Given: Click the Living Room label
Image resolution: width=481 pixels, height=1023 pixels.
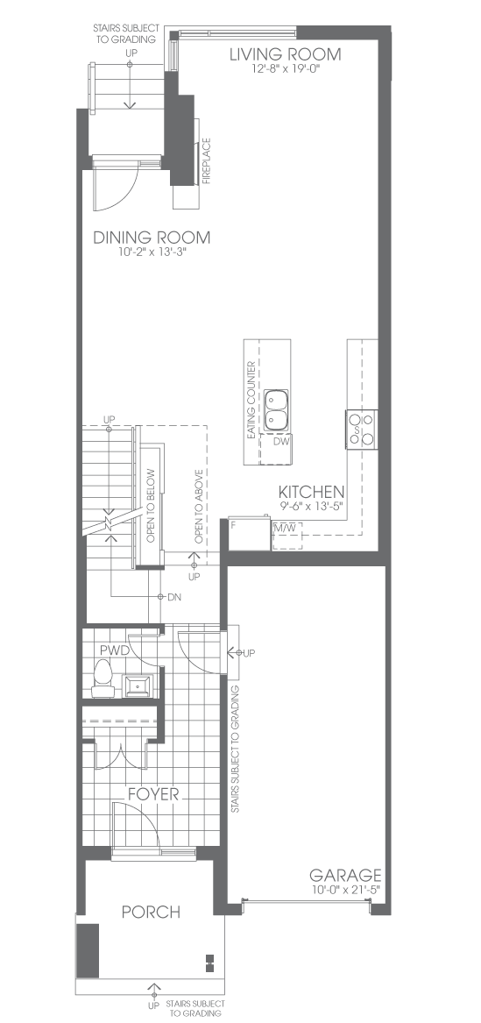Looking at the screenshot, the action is [x=285, y=54].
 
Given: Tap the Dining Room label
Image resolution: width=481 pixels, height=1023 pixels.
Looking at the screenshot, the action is [x=152, y=238].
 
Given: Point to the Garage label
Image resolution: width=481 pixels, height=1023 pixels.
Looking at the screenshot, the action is [x=345, y=875].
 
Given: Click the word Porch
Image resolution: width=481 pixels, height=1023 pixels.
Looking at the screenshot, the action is [x=152, y=912].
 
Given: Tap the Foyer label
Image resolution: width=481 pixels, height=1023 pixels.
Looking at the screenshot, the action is [x=153, y=794].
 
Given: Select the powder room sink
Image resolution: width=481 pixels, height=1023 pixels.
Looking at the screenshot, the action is [x=138, y=686].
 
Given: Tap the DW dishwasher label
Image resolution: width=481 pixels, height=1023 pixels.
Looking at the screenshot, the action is [x=282, y=442].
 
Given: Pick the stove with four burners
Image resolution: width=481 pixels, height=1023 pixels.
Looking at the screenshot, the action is [x=362, y=429].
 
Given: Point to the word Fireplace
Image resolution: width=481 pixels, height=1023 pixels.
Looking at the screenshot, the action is [x=207, y=161].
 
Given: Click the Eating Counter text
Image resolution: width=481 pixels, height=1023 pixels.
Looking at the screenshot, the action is [x=251, y=400].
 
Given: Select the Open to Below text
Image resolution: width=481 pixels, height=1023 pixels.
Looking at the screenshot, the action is [x=151, y=506].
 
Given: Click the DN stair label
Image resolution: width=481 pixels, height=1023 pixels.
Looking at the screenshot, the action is [x=174, y=596].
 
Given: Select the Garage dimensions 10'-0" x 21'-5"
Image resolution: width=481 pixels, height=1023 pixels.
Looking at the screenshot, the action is [x=345, y=889].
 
